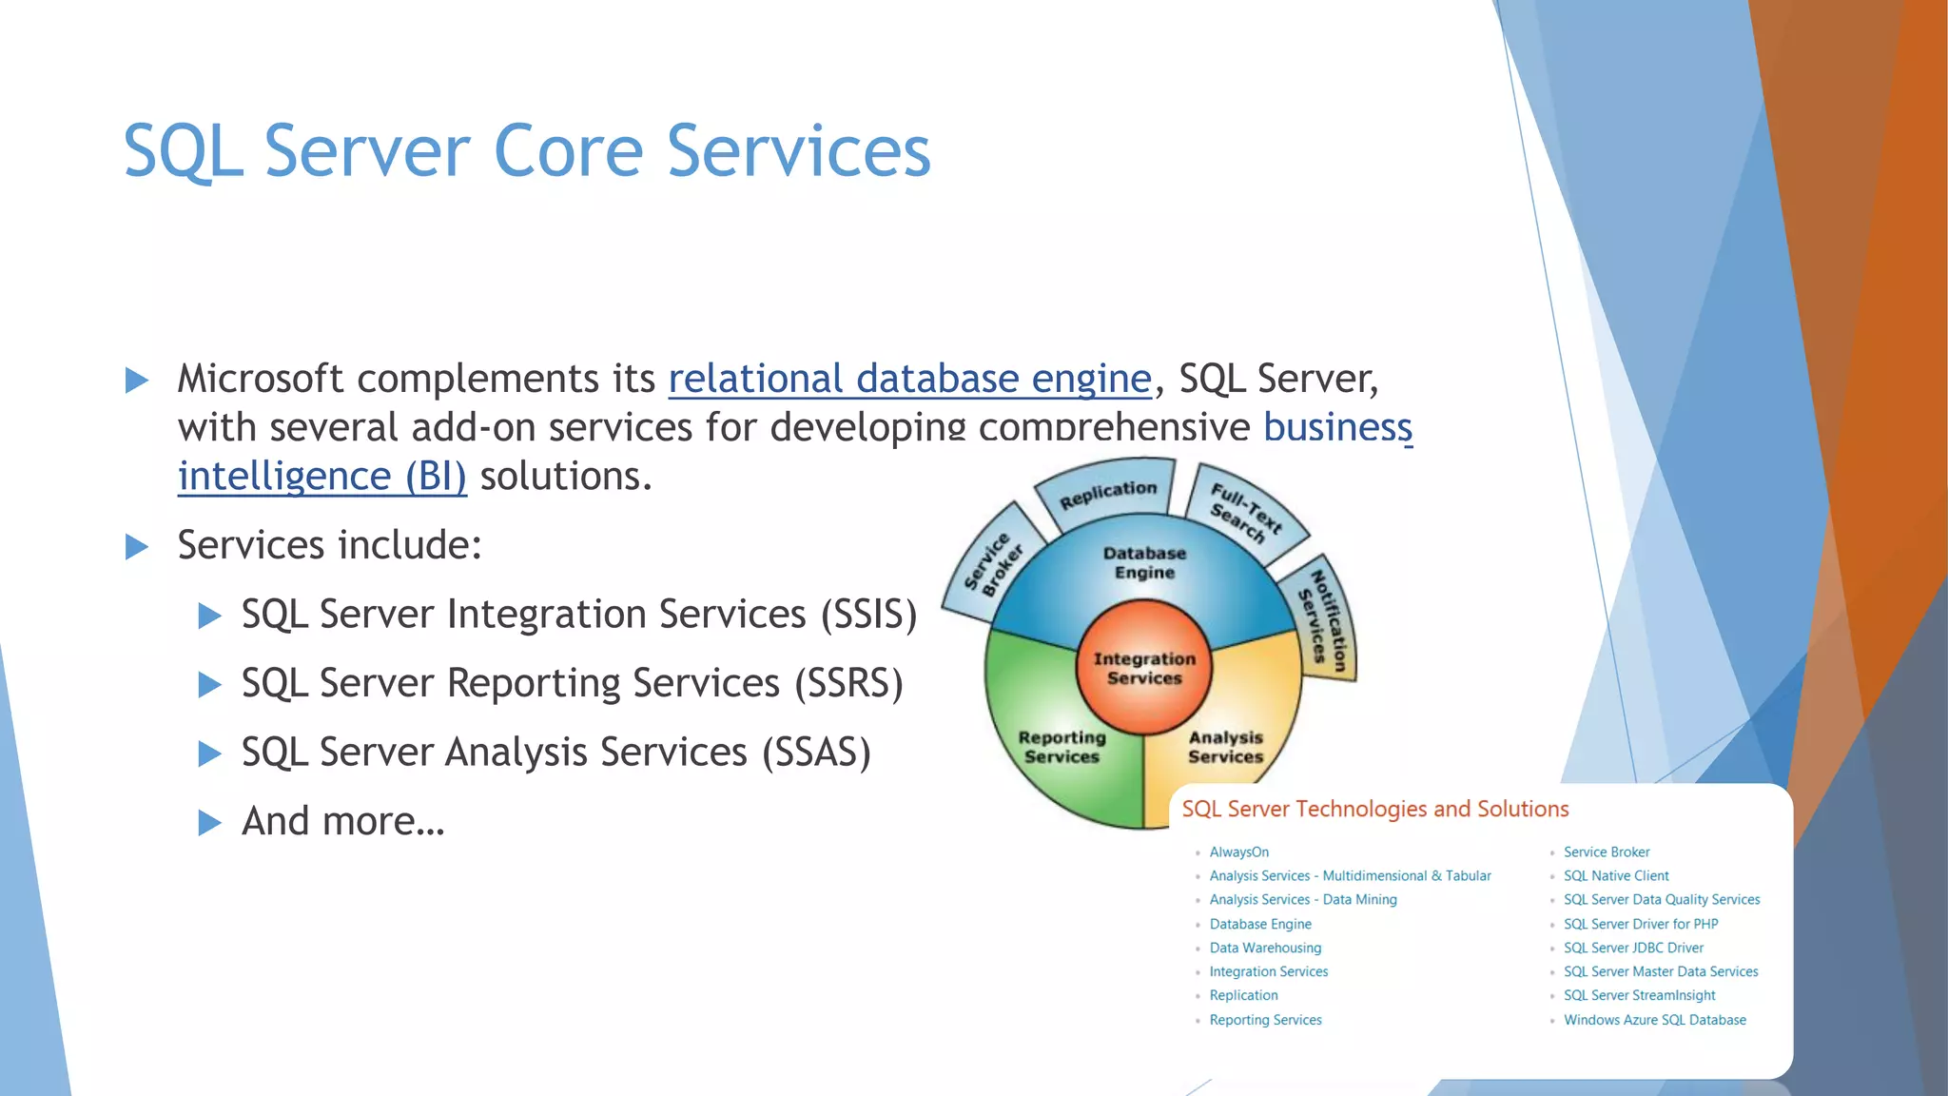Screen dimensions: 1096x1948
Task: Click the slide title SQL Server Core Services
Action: pos(526,151)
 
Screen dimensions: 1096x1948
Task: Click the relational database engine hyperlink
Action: pos(909,379)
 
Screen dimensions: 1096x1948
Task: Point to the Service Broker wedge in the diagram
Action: pos(992,565)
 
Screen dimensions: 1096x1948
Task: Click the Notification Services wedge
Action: pos(1324,620)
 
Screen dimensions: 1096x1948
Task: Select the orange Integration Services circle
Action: pos(1143,668)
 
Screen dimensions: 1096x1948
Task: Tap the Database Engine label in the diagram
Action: pos(1144,562)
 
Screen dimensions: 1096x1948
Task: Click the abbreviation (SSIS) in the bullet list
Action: pos(868,615)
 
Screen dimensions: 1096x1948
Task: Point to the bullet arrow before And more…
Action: pos(209,822)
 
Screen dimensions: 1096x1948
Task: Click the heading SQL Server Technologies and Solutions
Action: pos(1374,809)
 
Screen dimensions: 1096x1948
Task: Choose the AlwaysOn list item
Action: pos(1238,852)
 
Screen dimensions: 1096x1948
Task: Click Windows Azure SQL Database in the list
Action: pos(1654,1020)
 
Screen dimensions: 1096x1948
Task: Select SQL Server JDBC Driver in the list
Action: pos(1633,948)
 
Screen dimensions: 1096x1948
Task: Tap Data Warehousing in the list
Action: pos(1265,948)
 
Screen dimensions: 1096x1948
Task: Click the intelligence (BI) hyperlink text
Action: pos(321,477)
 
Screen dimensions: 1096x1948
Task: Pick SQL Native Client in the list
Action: pos(1616,876)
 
